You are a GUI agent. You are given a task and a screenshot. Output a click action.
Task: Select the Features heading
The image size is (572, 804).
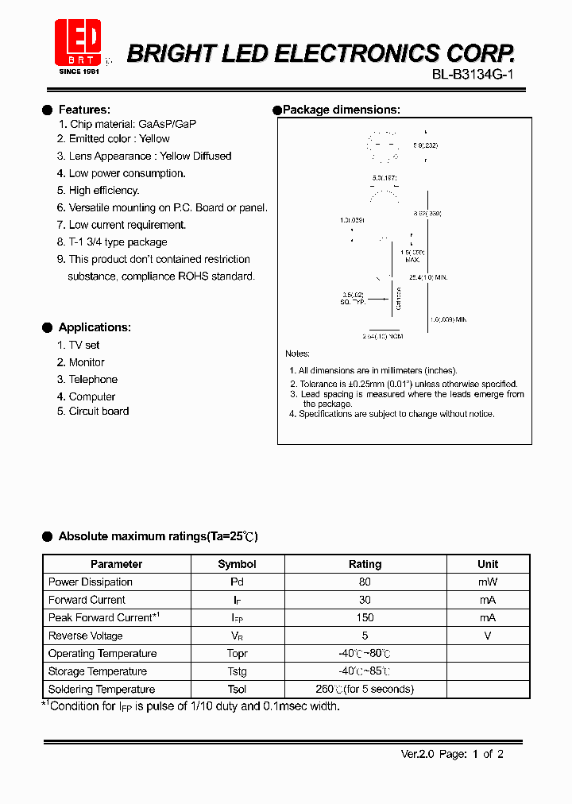coord(84,110)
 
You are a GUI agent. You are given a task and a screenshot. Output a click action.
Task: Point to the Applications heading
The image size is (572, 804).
coord(95,327)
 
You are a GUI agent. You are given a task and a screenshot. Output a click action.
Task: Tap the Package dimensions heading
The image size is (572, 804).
coord(341,110)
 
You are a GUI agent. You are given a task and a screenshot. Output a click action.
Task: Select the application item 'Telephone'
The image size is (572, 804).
coord(92,380)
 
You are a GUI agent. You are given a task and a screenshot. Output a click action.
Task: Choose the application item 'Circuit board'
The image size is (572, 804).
coord(99,412)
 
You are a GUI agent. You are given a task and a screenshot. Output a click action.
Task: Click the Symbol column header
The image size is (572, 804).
coord(237,564)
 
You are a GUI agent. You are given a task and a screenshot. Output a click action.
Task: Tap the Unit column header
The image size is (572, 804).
coord(488,564)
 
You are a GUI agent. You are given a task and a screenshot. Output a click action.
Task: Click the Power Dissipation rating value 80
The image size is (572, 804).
coord(365,582)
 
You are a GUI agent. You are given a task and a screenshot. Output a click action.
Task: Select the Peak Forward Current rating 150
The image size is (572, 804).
coord(365,618)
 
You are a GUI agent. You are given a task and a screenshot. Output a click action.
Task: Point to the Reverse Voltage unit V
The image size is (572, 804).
coord(488,636)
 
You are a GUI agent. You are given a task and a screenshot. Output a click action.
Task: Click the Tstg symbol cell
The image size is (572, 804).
coord(237,671)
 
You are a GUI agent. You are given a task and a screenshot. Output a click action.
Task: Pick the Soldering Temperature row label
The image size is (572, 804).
coord(102,690)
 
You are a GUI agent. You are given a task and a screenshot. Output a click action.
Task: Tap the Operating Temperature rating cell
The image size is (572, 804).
coord(365,654)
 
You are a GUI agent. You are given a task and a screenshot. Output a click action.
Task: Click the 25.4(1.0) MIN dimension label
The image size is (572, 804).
coord(429,277)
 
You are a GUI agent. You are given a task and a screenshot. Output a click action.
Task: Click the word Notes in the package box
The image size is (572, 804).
coord(298,354)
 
